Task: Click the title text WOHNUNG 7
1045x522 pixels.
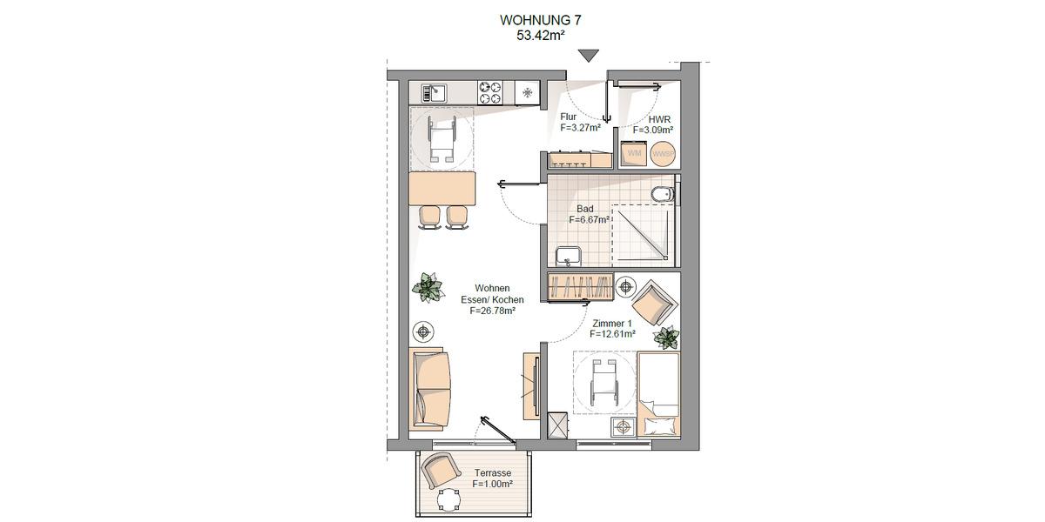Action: pos(540,20)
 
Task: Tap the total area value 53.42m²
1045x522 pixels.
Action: pos(540,36)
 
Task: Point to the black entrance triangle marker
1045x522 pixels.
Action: pos(590,56)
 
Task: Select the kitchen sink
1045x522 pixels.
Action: pos(434,90)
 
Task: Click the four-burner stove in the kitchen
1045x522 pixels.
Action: pos(491,90)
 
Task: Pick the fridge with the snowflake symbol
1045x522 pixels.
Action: pos(527,90)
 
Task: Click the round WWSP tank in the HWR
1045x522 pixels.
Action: pos(664,154)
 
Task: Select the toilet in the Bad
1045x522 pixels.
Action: pos(661,192)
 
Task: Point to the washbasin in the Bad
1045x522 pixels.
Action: pos(570,257)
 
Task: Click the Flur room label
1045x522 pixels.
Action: pos(569,116)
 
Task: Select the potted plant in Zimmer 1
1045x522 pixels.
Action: pos(666,337)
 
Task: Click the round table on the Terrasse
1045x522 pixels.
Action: pos(449,499)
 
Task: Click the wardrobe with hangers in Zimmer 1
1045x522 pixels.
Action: pos(580,286)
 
